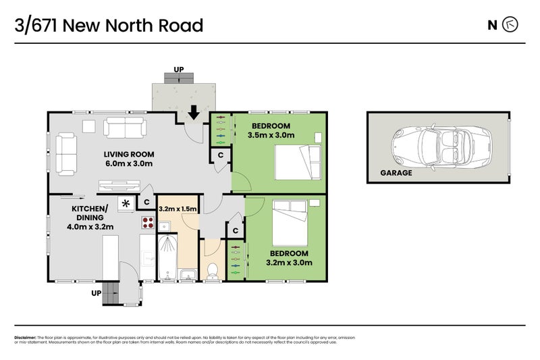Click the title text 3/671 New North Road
pyautogui.click(x=109, y=26)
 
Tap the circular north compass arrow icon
pyautogui.click(x=511, y=26)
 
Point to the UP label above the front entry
pyautogui.click(x=178, y=70)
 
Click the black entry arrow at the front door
pyautogui.click(x=194, y=112)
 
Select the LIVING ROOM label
pyautogui.click(x=128, y=153)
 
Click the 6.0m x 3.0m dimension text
pyautogui.click(x=128, y=163)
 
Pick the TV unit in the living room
pyautogui.click(x=119, y=185)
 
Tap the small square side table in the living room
pyautogui.click(x=89, y=125)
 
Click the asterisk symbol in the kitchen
pyautogui.click(x=125, y=202)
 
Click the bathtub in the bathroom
pyautogui.click(x=166, y=253)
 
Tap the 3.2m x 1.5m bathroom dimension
pyautogui.click(x=177, y=209)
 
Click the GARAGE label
pyautogui.click(x=396, y=173)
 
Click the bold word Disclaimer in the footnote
pyautogui.click(x=25, y=337)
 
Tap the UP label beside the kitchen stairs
pyautogui.click(x=97, y=294)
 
